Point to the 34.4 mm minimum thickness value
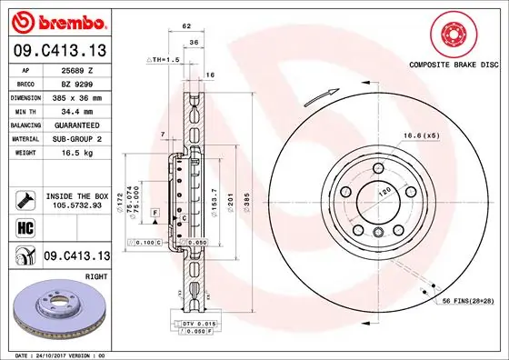point(75,110)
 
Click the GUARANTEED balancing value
point(77,124)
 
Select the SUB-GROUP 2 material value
point(77,137)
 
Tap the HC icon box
point(25,226)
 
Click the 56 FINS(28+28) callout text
point(469,301)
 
